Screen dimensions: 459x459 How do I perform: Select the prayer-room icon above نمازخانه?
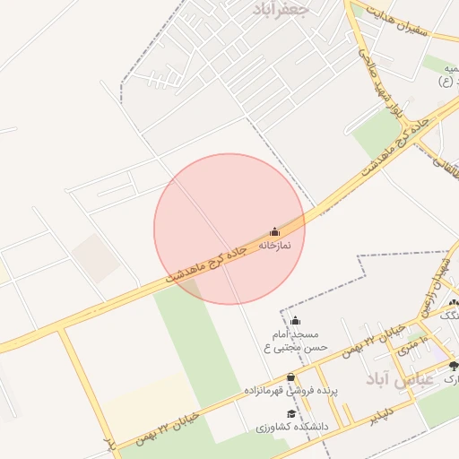[274, 231]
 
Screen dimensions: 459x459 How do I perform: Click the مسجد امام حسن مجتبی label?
[295, 340]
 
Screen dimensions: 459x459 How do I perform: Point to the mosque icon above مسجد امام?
[295, 320]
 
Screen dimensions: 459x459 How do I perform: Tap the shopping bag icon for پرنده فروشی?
[290, 377]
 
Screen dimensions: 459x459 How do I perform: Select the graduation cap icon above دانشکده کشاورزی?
[290, 413]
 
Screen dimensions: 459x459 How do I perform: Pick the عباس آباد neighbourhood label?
[400, 379]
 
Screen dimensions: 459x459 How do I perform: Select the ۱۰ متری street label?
[411, 344]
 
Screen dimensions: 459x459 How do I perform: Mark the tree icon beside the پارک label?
[454, 366]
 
